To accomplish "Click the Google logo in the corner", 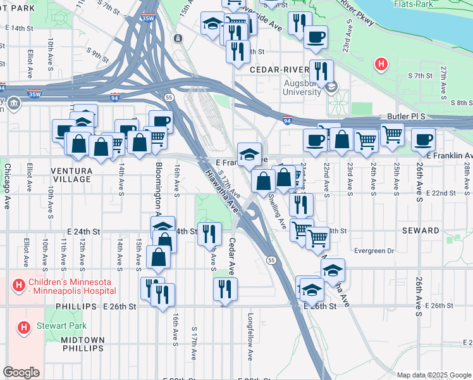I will pos(21,372).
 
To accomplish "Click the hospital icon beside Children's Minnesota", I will pos(19,286).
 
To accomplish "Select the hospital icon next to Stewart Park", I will pos(23,327).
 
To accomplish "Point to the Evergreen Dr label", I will pos(374,251).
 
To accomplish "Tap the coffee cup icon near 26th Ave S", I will pos(423,139).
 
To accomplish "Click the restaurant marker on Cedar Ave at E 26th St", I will pos(225,289).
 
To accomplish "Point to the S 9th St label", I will pos(99,54).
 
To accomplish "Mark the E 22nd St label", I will pos(438,193).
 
